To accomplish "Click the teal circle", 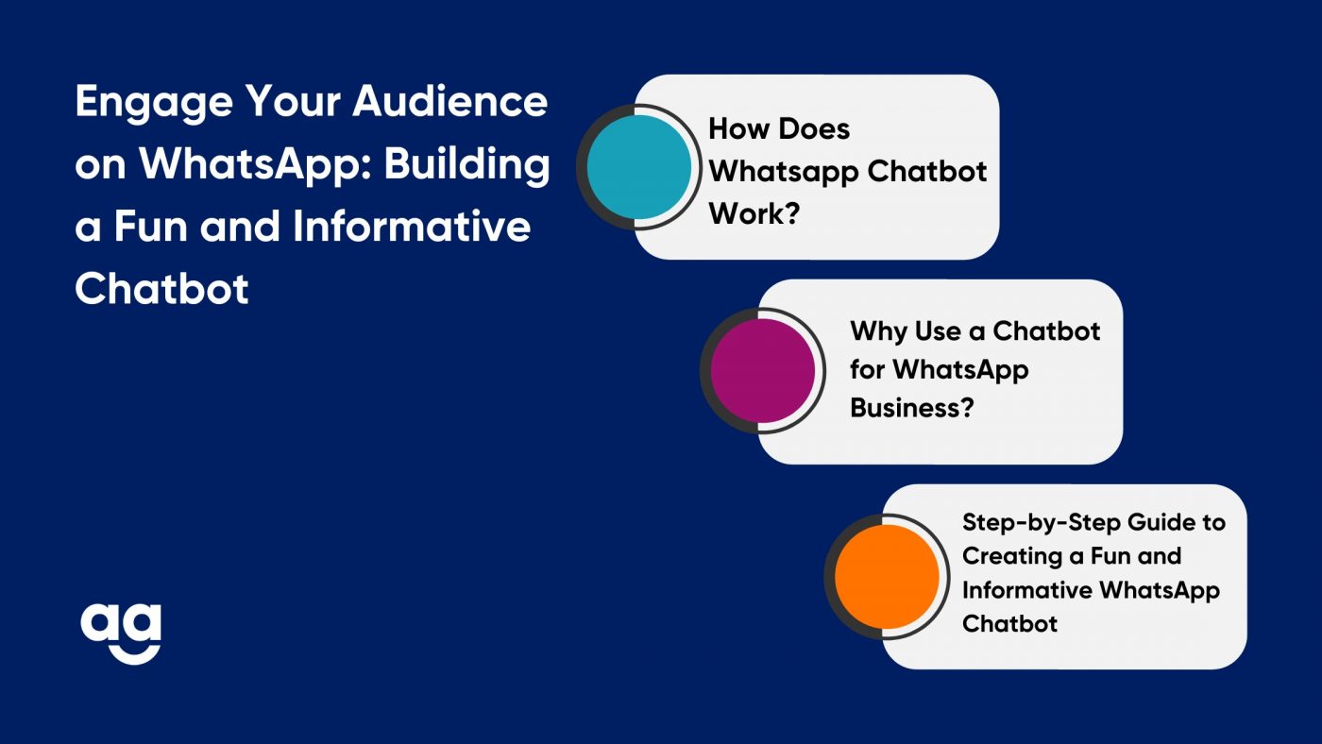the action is (x=638, y=167).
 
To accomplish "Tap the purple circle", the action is (x=763, y=370).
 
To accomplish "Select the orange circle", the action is (x=887, y=577).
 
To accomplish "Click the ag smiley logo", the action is (x=121, y=634).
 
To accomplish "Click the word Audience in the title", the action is (x=450, y=101).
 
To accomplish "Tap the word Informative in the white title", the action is (x=412, y=226).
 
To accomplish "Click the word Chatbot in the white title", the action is (x=161, y=289).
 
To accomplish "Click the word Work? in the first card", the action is (x=754, y=213).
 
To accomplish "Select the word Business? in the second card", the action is (x=912, y=408).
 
